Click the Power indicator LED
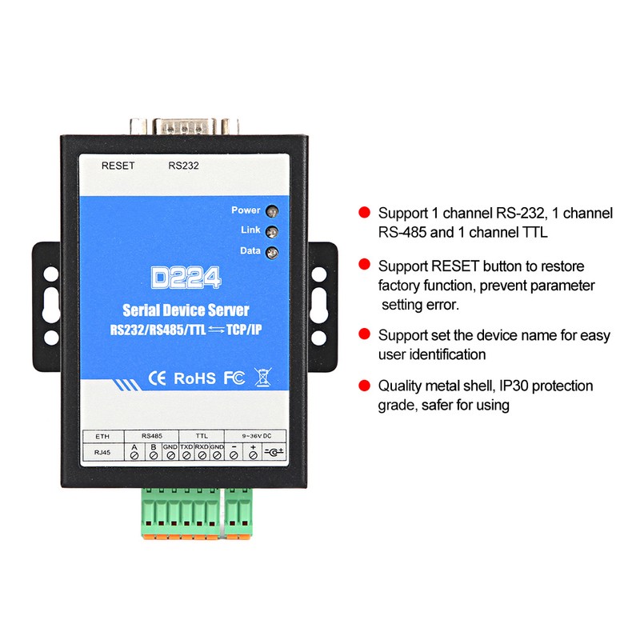tap(272, 212)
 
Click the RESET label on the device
tap(118, 166)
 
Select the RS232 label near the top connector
tap(183, 166)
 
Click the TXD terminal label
tap(186, 446)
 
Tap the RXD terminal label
tap(202, 446)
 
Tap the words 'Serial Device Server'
tap(186, 310)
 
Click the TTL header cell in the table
tap(202, 435)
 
